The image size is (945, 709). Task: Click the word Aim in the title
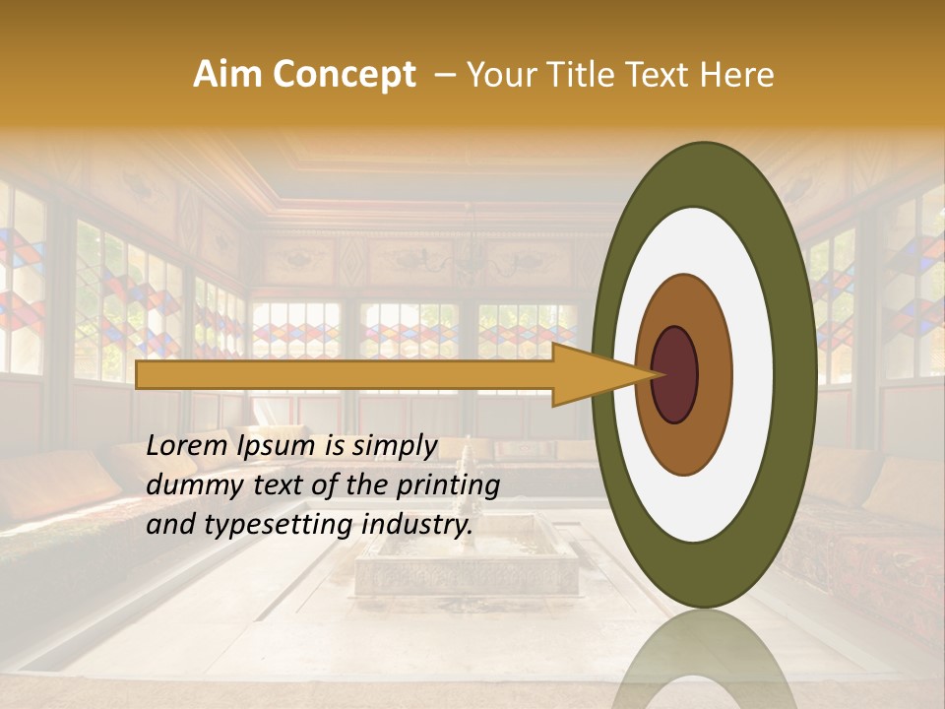coord(227,75)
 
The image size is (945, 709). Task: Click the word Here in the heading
coord(737,75)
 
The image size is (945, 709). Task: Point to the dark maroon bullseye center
coord(675,374)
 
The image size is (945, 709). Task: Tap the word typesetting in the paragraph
coord(259,525)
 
